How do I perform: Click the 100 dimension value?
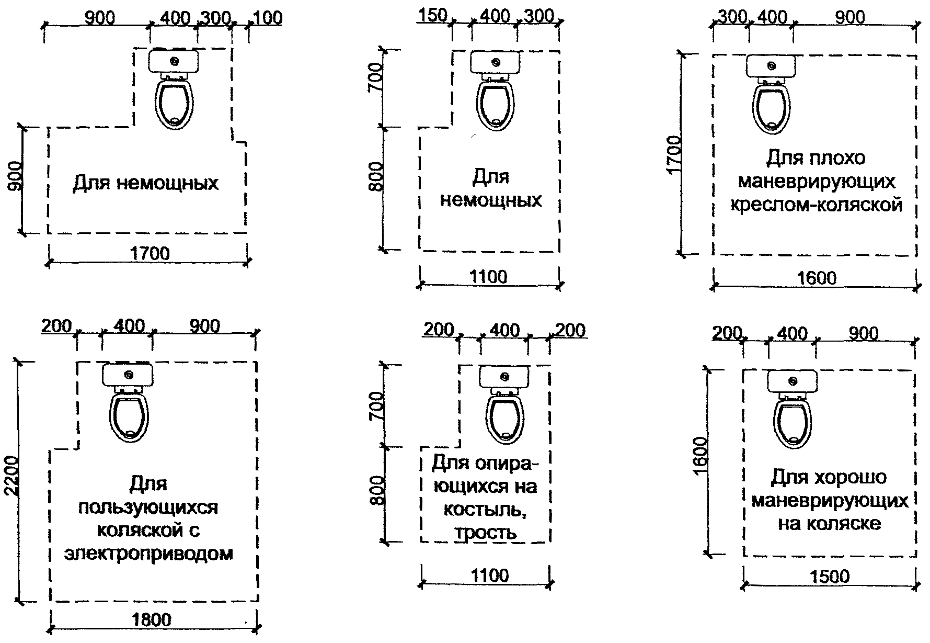pyautogui.click(x=267, y=18)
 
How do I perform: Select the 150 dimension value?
pyautogui.click(x=432, y=16)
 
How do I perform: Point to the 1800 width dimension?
pyautogui.click(x=151, y=620)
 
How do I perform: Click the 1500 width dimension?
pyautogui.click(x=830, y=577)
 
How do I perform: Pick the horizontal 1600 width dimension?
pyautogui.click(x=817, y=277)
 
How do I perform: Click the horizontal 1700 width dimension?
pyautogui.click(x=150, y=254)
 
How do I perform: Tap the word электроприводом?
pyautogui.click(x=148, y=553)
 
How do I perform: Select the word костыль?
pyautogui.click(x=485, y=509)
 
